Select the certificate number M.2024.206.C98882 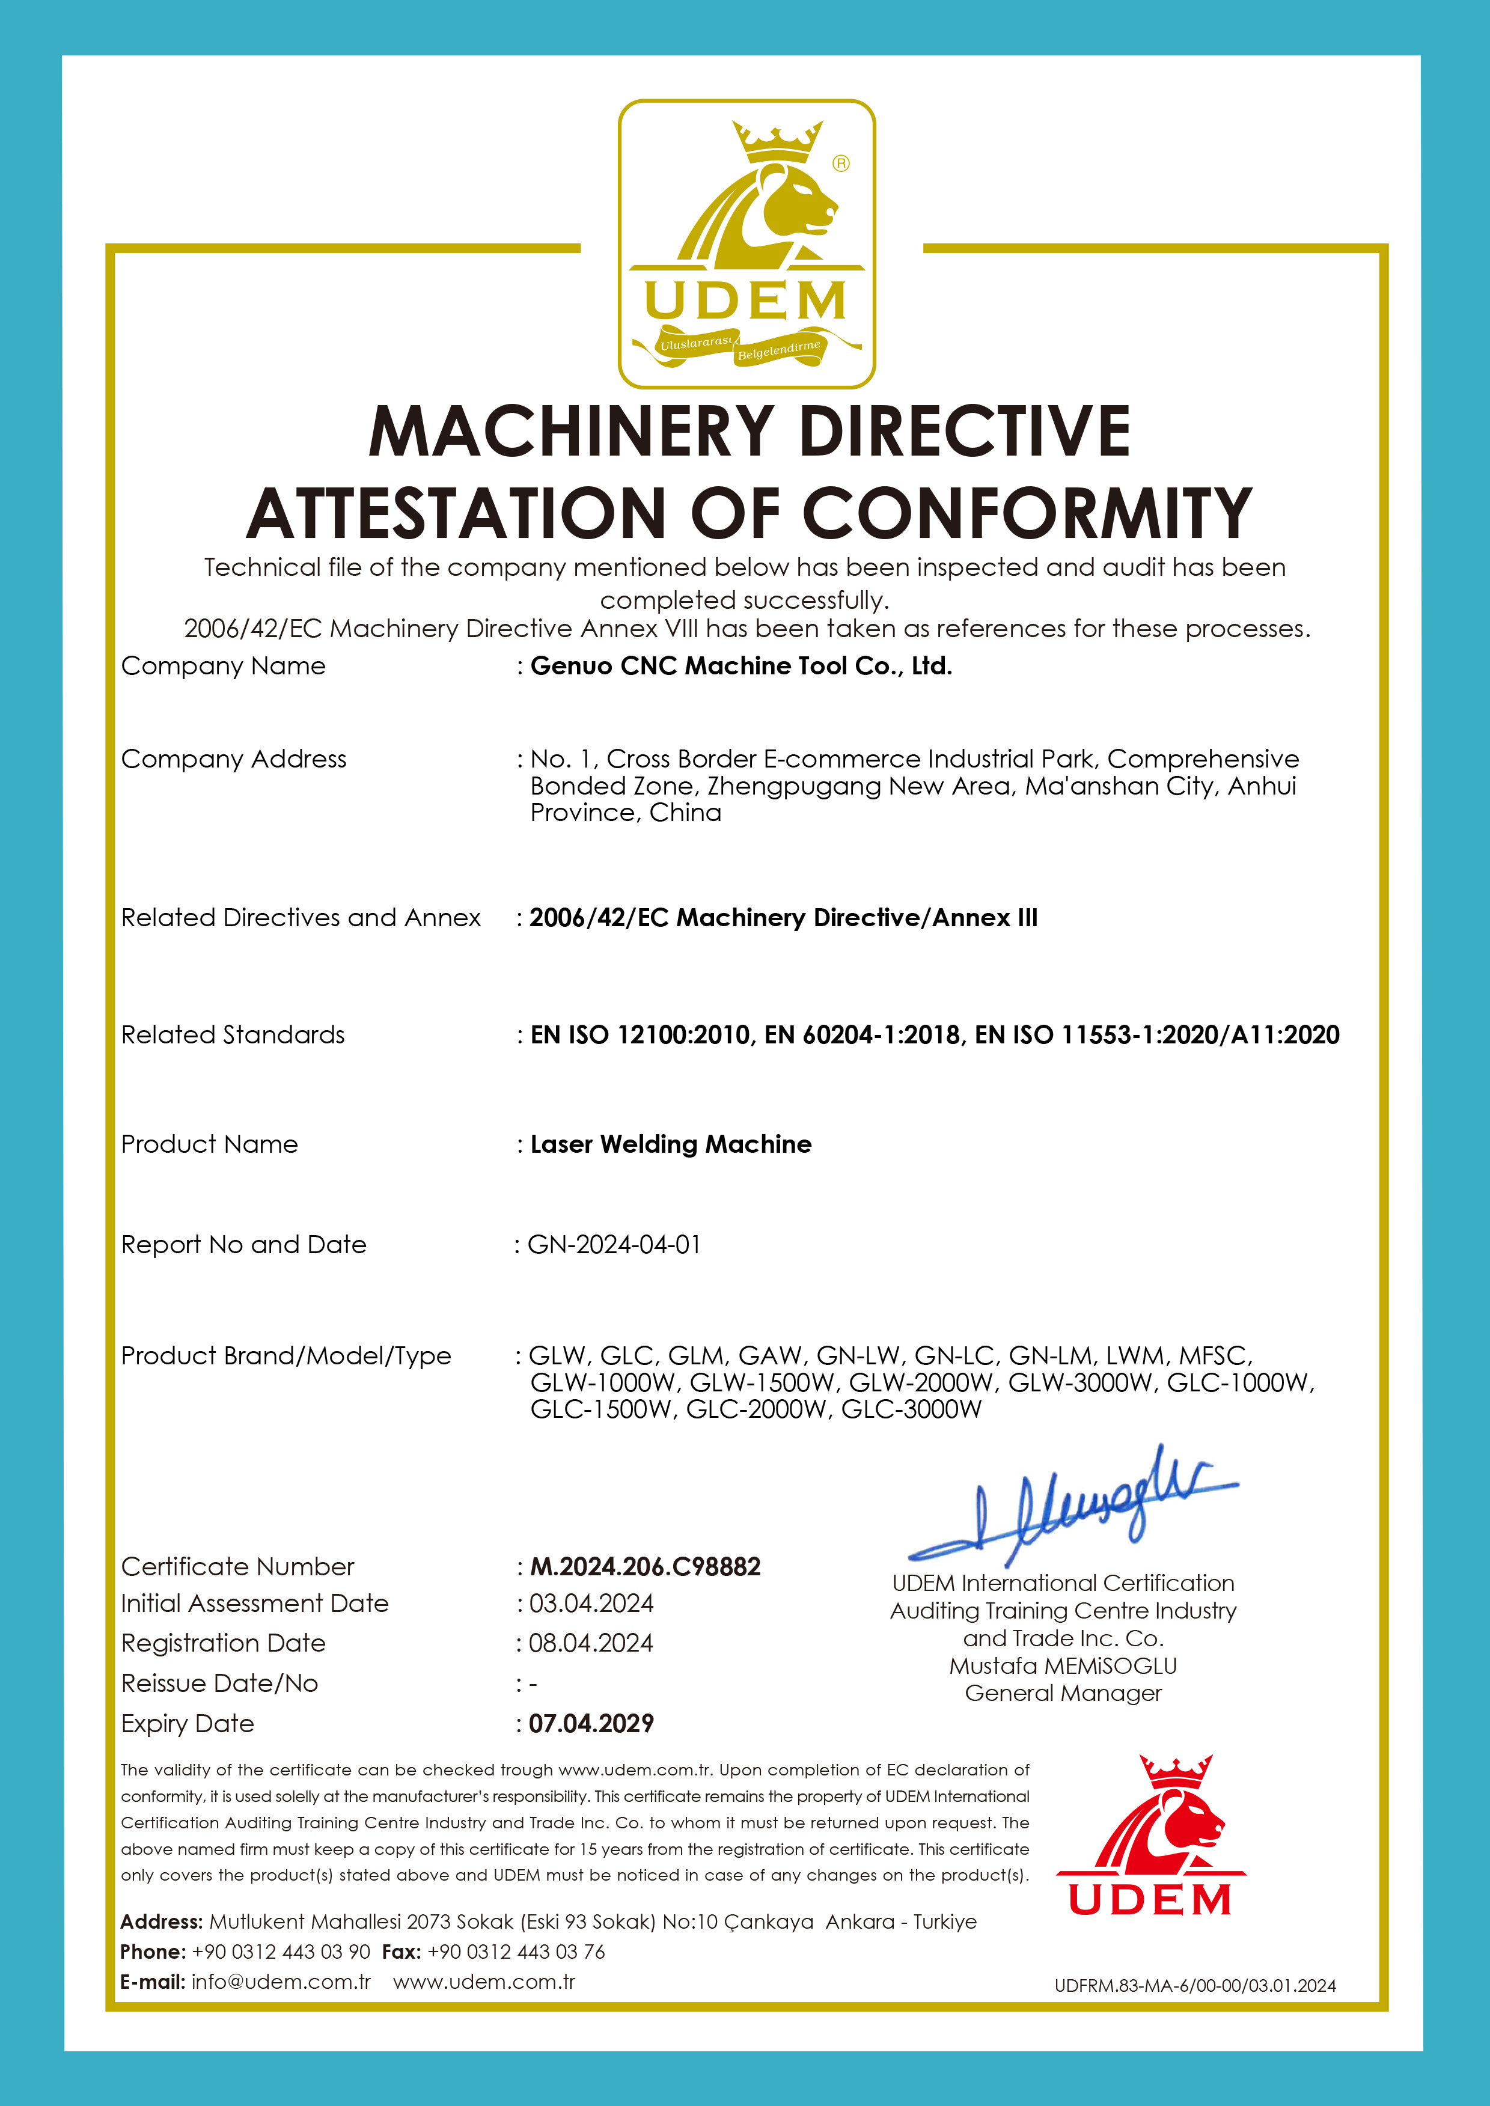click(645, 1567)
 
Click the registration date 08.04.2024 click(591, 1643)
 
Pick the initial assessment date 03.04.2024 click(591, 1604)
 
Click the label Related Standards click(233, 1034)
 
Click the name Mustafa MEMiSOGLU click(1063, 1665)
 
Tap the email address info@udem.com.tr click(281, 1981)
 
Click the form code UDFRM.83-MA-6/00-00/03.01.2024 click(1194, 1986)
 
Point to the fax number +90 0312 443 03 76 click(516, 1952)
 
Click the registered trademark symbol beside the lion click(840, 163)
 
